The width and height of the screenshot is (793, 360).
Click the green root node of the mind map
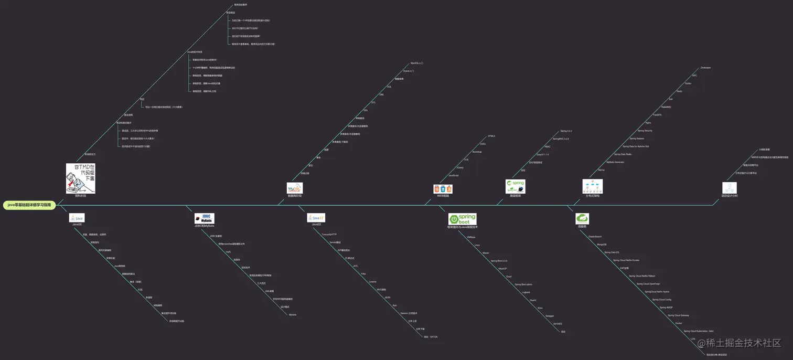point(29,205)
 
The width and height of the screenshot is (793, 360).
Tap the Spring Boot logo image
point(462,219)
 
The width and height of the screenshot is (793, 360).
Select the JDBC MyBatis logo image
point(204,219)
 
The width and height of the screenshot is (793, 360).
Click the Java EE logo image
point(316,218)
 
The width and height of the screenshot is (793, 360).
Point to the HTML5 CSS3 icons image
point(443,188)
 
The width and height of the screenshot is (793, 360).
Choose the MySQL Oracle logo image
point(295,188)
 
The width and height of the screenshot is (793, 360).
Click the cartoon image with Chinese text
point(81,178)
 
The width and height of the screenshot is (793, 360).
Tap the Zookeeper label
point(705,68)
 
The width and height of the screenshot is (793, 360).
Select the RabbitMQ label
point(666,107)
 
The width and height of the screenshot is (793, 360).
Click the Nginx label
point(648,122)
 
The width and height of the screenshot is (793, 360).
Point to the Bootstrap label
point(477,152)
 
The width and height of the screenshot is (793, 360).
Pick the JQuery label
point(460,167)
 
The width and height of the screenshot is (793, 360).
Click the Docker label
point(679,323)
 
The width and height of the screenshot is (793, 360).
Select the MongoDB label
point(602,245)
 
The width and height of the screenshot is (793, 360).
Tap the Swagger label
point(550,316)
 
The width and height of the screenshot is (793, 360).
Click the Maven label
point(486,253)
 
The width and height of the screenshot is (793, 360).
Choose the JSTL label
point(356,266)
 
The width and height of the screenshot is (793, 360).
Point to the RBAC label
point(548,146)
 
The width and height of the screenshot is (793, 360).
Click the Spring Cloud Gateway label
point(678,315)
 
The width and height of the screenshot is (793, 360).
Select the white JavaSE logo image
point(77,218)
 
